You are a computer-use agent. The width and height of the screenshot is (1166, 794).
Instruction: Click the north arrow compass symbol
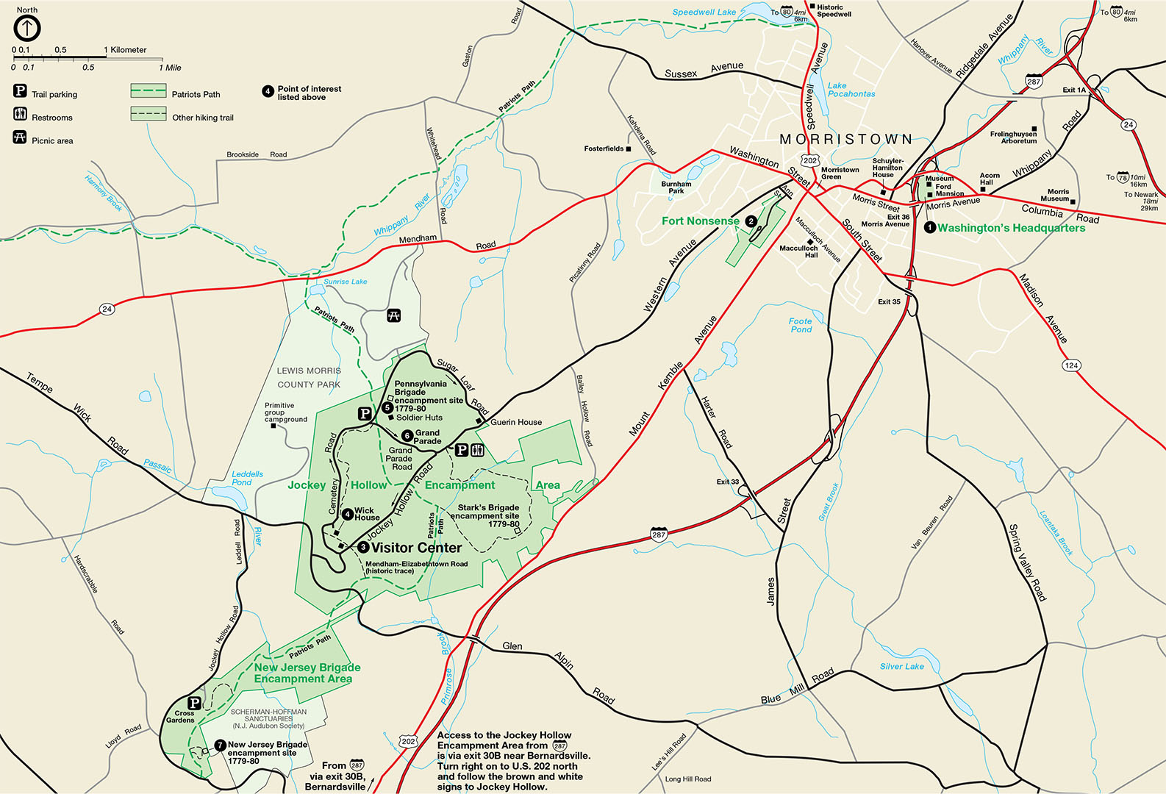tap(27, 28)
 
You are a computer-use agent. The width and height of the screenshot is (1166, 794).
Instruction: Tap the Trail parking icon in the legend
tap(20, 91)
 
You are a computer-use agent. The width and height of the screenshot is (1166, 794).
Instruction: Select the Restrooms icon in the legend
tap(20, 114)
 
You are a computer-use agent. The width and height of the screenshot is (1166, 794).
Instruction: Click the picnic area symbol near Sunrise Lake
tap(394, 315)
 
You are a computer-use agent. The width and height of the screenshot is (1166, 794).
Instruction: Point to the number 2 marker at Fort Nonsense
tap(751, 221)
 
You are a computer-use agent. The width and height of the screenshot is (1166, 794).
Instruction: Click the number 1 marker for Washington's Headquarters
tap(929, 228)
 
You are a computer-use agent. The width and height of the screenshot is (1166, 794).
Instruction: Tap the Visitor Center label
tap(416, 548)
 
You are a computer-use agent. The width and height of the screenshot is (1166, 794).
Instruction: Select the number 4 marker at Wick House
tap(347, 514)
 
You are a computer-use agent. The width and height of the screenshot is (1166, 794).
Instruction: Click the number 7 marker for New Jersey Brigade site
tap(219, 745)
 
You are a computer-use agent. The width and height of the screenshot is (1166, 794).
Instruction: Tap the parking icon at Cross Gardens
tap(194, 703)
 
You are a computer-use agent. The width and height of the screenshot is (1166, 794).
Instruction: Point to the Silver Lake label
tap(901, 666)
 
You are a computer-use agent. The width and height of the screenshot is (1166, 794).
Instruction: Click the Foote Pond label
tap(801, 325)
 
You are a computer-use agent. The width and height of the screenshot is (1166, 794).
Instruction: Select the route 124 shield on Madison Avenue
tap(1071, 365)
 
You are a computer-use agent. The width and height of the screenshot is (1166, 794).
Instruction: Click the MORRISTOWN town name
tap(845, 139)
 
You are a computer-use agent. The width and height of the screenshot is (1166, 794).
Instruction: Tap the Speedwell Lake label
tap(704, 12)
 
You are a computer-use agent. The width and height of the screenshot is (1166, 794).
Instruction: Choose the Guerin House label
tap(515, 422)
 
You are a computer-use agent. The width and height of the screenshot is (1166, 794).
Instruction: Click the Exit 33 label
tap(728, 482)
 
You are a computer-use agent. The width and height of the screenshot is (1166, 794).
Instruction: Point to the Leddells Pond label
tap(247, 478)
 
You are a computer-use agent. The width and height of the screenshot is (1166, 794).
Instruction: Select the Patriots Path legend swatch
tap(148, 90)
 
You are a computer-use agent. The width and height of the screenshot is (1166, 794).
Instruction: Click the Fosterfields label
tap(604, 149)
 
